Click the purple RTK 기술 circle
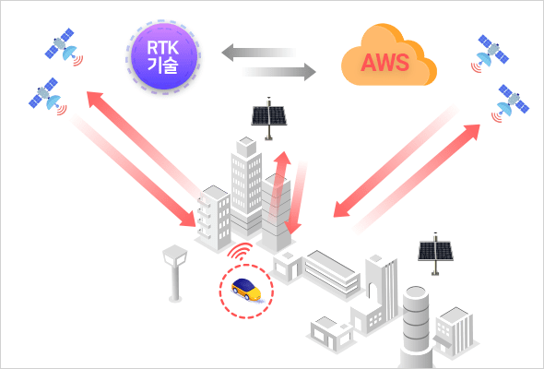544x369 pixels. tap(164, 56)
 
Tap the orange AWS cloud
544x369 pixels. tap(388, 55)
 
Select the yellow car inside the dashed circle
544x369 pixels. tap(246, 289)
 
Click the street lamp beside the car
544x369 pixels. tap(175, 273)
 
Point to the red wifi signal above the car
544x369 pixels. tap(241, 252)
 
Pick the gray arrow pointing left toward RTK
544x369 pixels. tap(259, 52)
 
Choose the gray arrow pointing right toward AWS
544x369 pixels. tap(279, 72)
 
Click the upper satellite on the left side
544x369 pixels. tap(64, 46)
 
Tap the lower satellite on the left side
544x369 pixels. tap(48, 96)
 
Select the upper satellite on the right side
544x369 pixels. tap(491, 53)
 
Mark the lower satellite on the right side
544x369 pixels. tap(511, 102)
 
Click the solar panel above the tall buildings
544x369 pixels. tap(269, 118)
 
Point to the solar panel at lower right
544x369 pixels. tap(435, 254)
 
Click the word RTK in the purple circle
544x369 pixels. tap(162, 48)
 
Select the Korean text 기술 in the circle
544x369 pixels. tap(162, 65)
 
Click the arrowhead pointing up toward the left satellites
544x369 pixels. tap(94, 99)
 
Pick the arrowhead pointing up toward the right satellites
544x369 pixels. tap(471, 132)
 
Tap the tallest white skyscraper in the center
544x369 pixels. tap(246, 185)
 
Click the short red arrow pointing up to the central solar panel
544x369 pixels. tap(279, 185)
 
